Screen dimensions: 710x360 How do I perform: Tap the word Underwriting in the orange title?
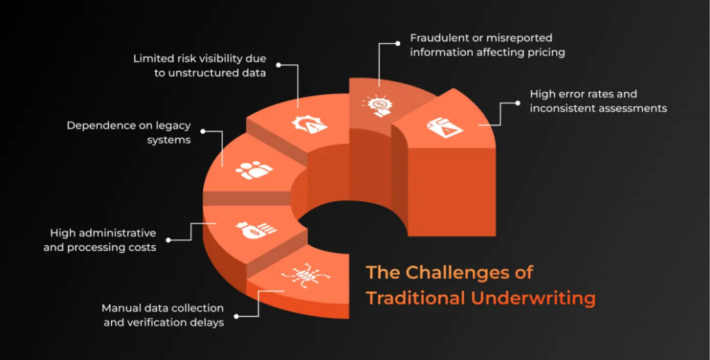[533, 298]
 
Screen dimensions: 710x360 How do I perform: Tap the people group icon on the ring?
[254, 170]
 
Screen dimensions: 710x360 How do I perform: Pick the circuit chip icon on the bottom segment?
[305, 274]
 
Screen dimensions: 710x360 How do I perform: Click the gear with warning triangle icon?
[310, 124]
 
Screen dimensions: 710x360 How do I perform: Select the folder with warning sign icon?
[445, 127]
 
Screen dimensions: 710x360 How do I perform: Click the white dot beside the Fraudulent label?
[397, 44]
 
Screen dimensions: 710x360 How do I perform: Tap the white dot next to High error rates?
[517, 103]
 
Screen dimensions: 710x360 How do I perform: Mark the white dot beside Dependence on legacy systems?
[203, 131]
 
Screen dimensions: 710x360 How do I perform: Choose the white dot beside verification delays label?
[236, 316]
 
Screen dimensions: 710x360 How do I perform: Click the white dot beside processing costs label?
[168, 240]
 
